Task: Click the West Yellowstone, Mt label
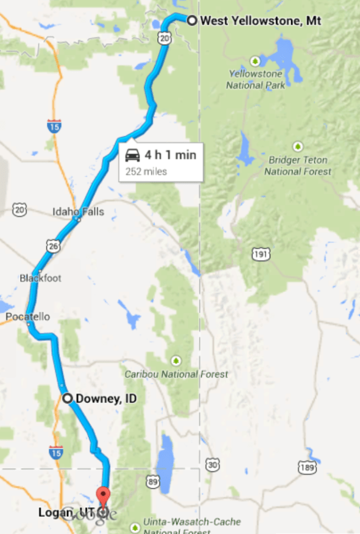(261, 21)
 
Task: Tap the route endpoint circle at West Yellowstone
(192, 21)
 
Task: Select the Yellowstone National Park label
(256, 79)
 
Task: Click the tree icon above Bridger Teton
(298, 146)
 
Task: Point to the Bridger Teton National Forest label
(298, 166)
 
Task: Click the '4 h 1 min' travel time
(170, 155)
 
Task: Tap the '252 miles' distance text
(146, 171)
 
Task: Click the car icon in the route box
(132, 155)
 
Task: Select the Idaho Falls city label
(78, 212)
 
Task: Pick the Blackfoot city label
(40, 278)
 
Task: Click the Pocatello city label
(27, 317)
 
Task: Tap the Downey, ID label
(106, 398)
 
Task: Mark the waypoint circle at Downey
(68, 398)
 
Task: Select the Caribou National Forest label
(177, 374)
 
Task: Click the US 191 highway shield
(260, 254)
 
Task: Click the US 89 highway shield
(152, 482)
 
